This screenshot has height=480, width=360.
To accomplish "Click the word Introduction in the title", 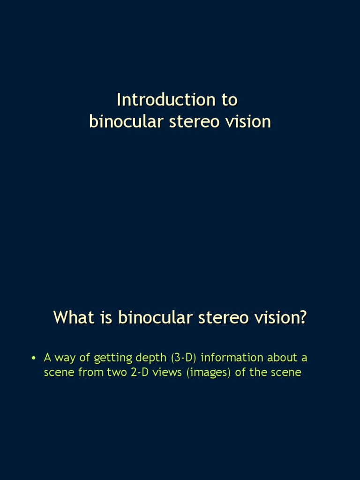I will (160, 100).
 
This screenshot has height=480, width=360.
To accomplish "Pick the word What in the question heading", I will (74, 317).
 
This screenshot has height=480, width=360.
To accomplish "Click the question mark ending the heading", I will (303, 317).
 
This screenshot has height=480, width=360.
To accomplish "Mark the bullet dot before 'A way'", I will (33, 359).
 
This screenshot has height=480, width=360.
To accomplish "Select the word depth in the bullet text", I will (151, 358).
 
